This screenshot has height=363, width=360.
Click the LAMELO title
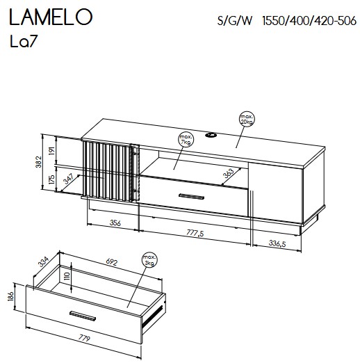point(51,17)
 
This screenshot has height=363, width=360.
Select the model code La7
point(24,42)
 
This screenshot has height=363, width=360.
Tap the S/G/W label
point(235,21)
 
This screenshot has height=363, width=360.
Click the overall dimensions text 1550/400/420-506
point(309,21)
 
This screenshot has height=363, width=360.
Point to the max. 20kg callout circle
point(247,119)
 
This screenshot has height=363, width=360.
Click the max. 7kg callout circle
point(186,140)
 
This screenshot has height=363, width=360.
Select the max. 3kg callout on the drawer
point(149,260)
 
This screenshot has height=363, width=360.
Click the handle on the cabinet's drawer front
point(191,196)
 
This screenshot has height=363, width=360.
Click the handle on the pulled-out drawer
point(83,316)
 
